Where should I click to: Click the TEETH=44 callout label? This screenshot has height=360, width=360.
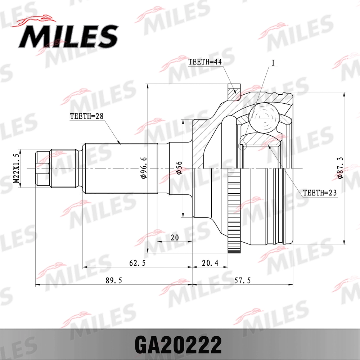204,62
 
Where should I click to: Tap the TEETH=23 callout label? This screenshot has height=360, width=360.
319,193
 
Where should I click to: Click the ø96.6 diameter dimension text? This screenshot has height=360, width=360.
143,168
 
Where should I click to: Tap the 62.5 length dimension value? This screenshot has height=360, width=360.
137,263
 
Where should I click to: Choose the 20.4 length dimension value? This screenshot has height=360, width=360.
210,263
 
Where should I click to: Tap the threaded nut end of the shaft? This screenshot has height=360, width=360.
42,168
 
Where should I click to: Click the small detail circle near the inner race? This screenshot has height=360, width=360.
242,145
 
